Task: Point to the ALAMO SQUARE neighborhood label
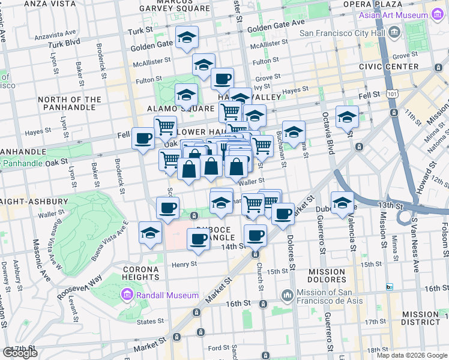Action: coord(181,109)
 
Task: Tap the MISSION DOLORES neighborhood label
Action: coord(327,275)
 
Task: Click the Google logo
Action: coord(20,352)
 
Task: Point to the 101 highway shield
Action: coord(392,94)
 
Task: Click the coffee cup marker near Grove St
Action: coord(222,79)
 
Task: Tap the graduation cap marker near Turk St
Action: coord(187,38)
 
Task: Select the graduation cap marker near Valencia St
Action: coord(342,203)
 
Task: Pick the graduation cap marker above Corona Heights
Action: coord(150,233)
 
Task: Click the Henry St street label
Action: coord(184,264)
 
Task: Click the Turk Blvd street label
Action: coord(64,43)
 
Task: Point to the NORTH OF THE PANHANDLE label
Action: coord(70,104)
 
